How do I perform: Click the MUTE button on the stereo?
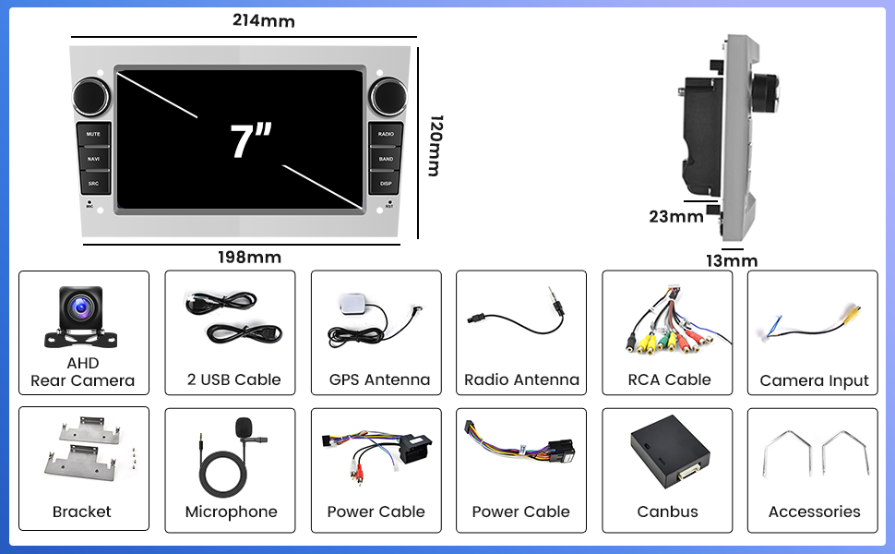point(93,135)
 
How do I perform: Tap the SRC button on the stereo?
point(93,184)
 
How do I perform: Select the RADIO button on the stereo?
point(386,135)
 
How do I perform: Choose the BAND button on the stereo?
point(386,159)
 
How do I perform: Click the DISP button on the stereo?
point(386,184)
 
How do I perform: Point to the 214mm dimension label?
point(264,20)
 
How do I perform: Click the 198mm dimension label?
point(249,257)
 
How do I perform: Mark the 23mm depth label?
point(675,217)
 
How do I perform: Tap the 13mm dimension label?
point(732,261)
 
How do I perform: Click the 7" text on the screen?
point(251,141)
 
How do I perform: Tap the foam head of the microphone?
point(243,427)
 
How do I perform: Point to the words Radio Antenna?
point(521,379)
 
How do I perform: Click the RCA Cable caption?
point(669,379)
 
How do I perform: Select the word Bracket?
point(82,512)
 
